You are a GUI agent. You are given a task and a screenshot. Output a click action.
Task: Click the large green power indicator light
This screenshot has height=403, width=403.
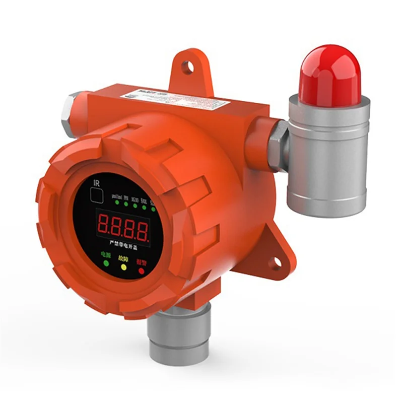[x=105, y=262]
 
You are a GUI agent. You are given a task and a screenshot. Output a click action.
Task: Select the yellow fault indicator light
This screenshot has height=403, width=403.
[x=123, y=267]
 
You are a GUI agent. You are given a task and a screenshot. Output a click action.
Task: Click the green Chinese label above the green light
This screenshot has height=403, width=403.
[x=105, y=253]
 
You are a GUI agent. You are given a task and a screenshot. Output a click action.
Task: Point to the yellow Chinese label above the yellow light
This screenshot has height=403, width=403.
[x=123, y=258]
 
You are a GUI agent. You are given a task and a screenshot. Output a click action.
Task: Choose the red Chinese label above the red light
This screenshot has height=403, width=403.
[x=142, y=263]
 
